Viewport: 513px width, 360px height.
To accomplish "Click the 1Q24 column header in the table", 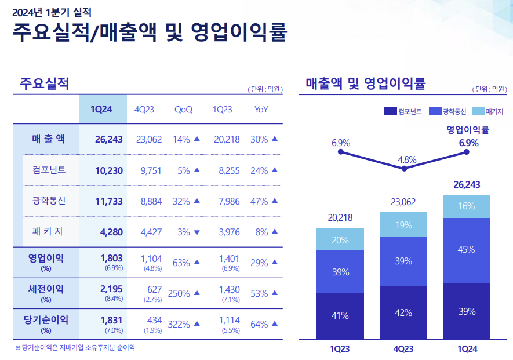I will (x=101, y=110).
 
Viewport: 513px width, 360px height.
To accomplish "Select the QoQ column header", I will (x=183, y=110).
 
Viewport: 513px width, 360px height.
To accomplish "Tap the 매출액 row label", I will (x=49, y=139).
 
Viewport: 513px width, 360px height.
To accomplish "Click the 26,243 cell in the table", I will (x=109, y=139).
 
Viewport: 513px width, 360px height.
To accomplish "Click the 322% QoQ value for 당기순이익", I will (x=179, y=324).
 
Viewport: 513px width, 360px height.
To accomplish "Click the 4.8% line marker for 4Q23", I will (x=404, y=169).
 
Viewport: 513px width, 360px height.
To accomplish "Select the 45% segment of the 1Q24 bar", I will (x=466, y=250).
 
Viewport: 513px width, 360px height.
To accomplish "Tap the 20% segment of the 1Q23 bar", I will (x=340, y=239).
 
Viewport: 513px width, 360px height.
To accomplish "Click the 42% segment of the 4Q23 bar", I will (x=403, y=312).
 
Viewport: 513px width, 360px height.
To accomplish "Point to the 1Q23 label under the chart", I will (x=340, y=349).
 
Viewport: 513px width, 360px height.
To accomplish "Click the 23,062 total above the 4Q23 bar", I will (x=403, y=202).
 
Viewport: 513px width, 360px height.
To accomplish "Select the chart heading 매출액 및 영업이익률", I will (x=366, y=84).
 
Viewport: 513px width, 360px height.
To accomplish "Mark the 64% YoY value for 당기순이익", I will (x=259, y=324).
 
